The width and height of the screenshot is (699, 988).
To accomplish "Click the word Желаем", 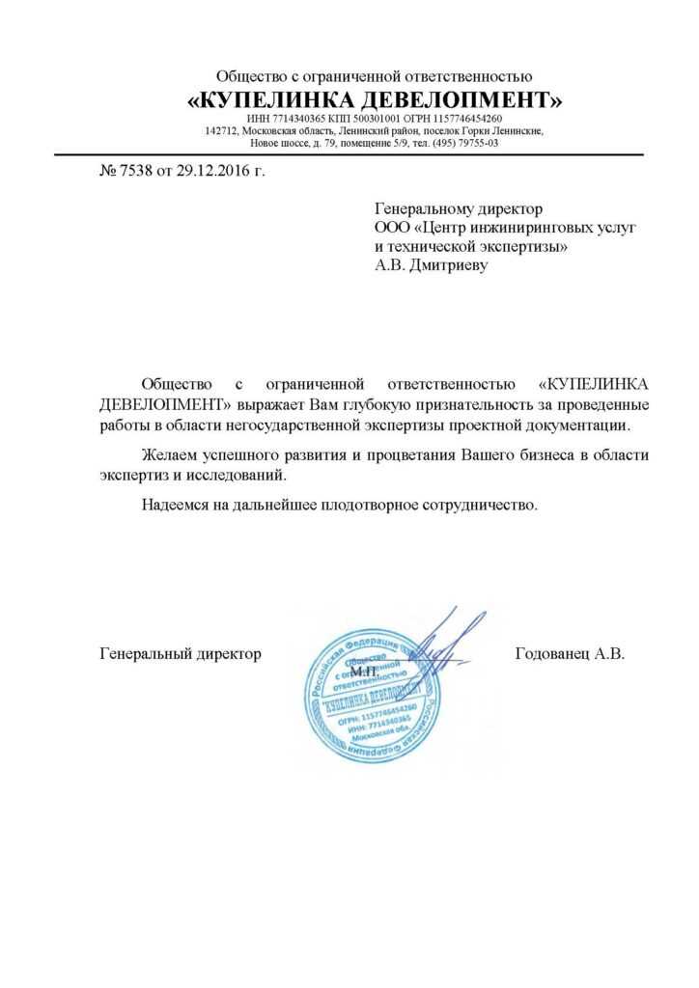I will [x=172, y=455].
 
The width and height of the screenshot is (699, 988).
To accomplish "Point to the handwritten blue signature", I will [x=445, y=644].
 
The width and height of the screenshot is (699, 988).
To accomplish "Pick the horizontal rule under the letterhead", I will [x=349, y=154].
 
